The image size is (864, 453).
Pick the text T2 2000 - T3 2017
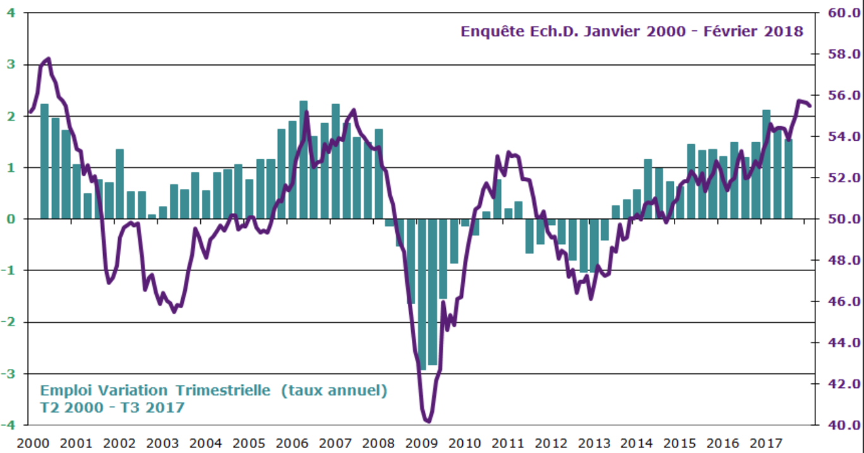tap(113, 408)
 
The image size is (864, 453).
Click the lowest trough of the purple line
tap(428, 421)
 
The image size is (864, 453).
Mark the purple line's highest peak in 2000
tap(49, 59)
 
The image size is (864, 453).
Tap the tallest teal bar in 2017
tap(766, 164)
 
